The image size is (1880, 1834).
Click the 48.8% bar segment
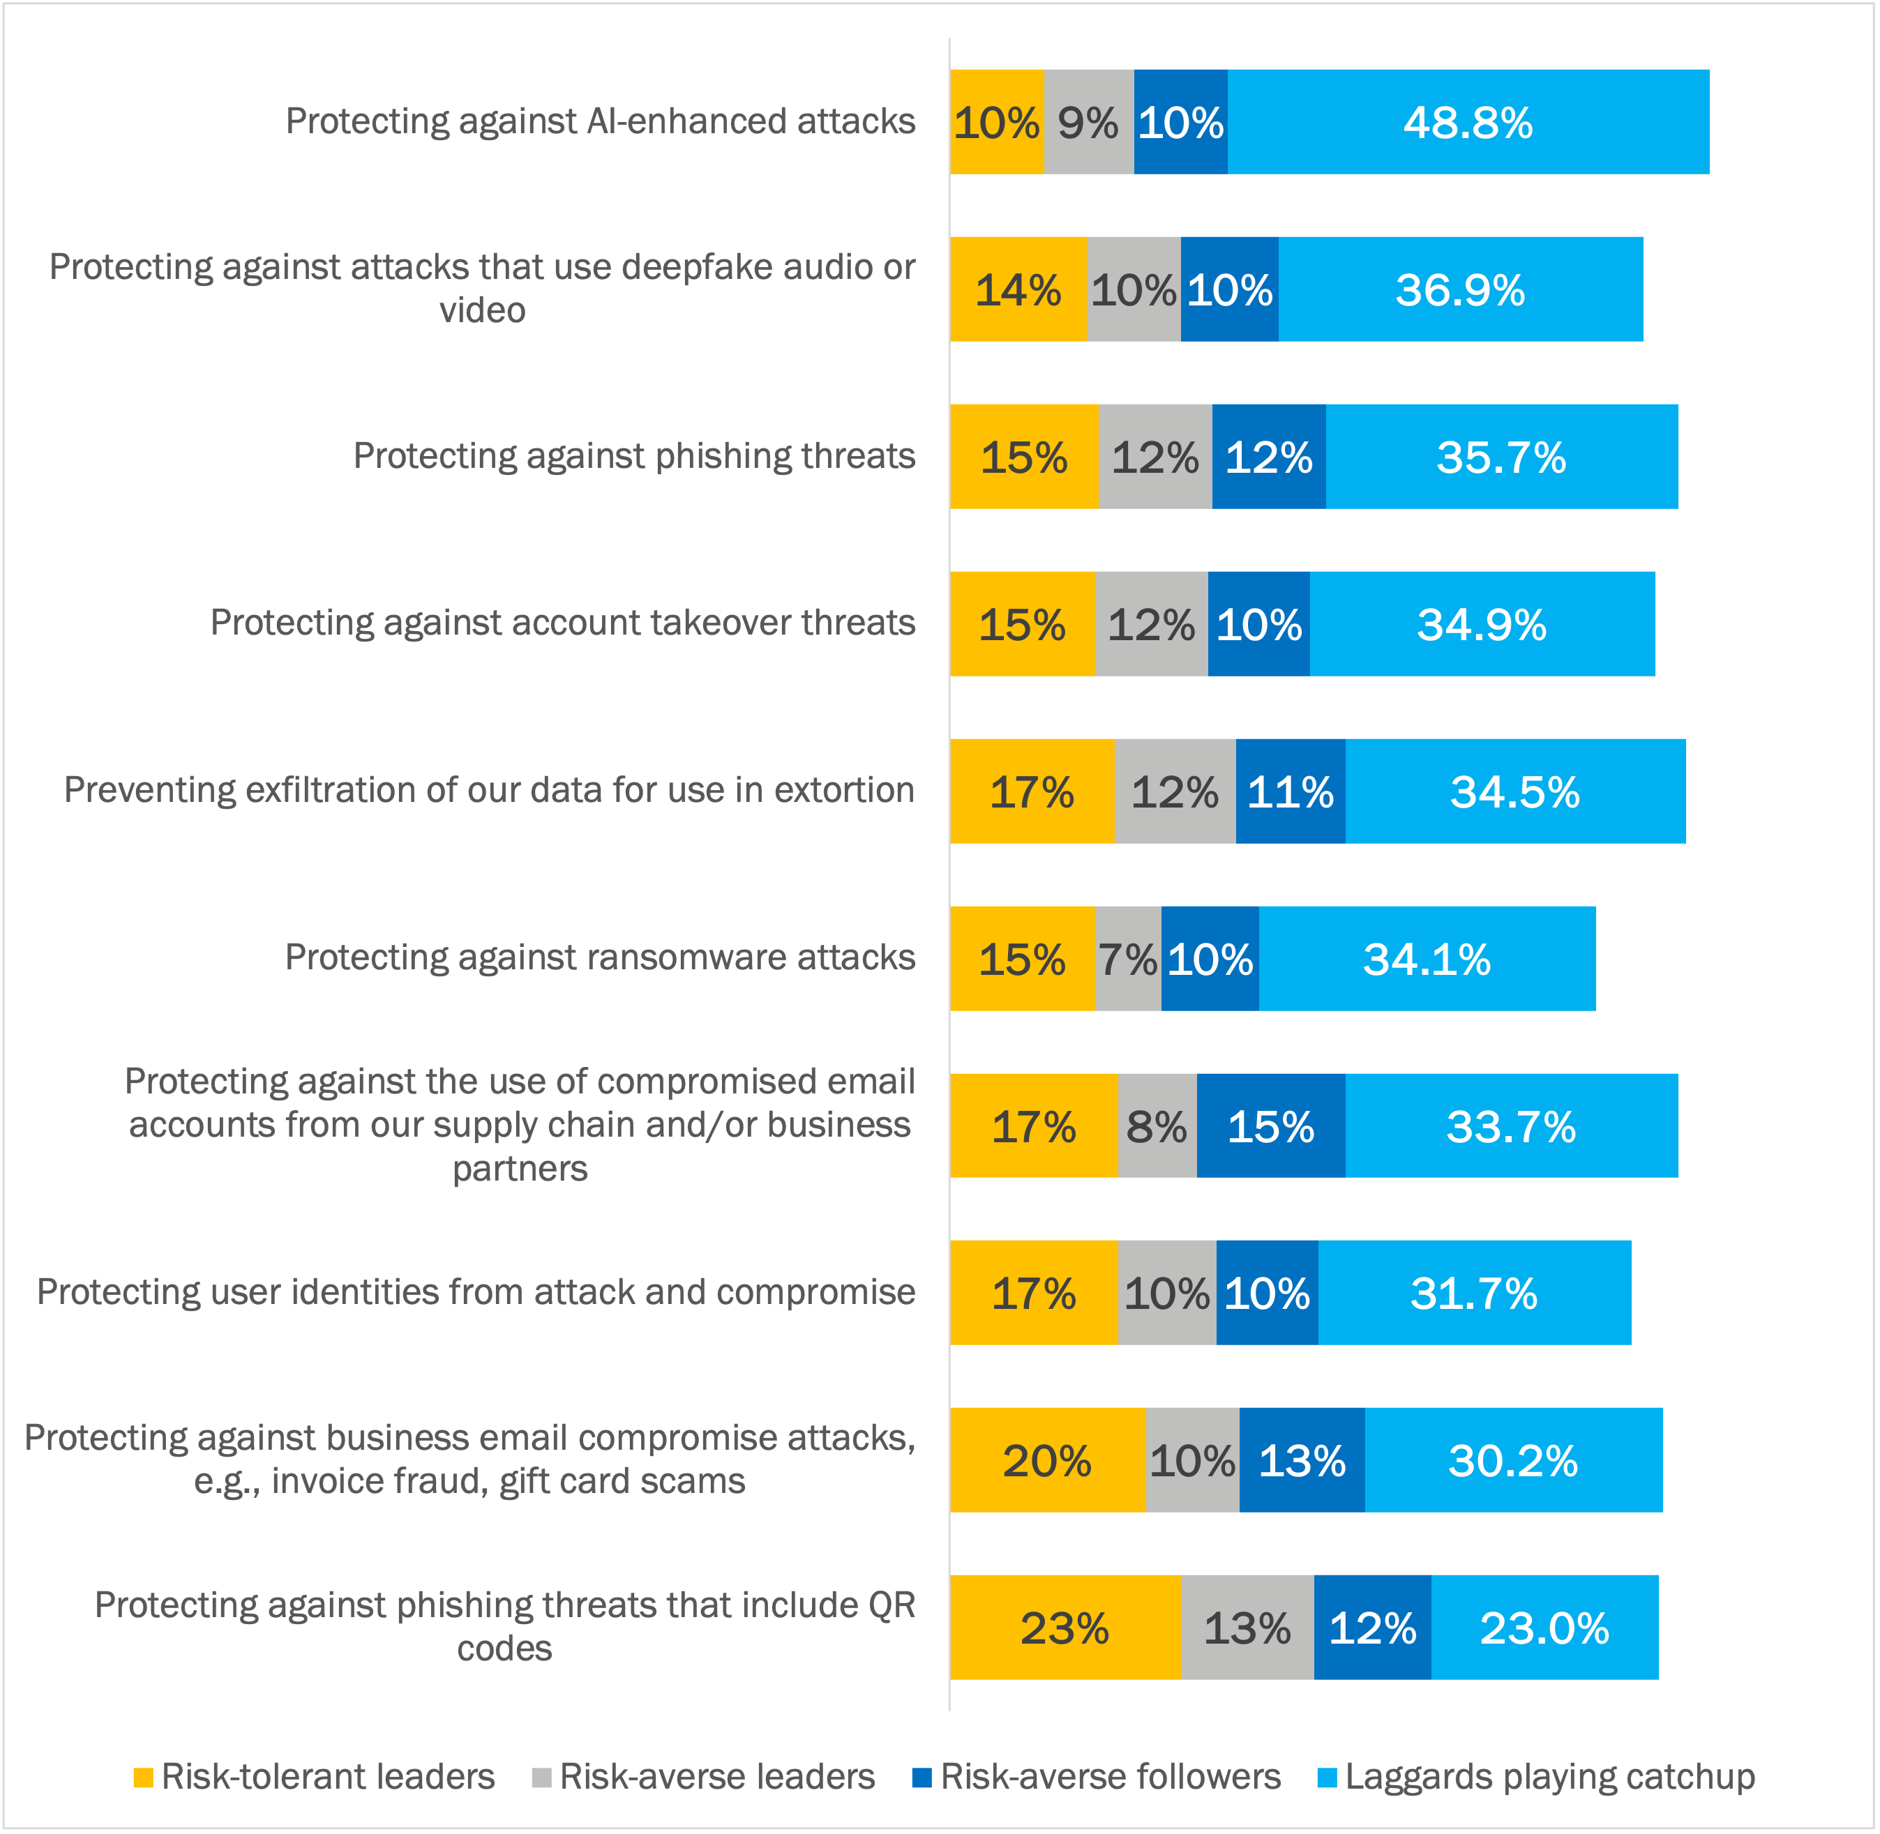click(x=1468, y=122)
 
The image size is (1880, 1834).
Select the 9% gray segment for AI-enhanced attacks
click(x=1088, y=122)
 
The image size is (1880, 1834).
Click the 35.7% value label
click(x=1501, y=457)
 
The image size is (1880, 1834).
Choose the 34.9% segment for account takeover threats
click(x=1481, y=624)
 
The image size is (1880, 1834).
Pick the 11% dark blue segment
click(x=1291, y=791)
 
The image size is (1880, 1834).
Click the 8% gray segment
click(x=1157, y=1126)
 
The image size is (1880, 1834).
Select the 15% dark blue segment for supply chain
click(x=1270, y=1126)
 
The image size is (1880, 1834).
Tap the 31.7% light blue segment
click(x=1473, y=1293)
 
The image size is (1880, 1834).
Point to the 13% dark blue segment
click(x=1301, y=1460)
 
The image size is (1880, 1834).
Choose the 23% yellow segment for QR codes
click(x=1064, y=1628)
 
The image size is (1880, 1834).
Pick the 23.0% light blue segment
click(x=1544, y=1628)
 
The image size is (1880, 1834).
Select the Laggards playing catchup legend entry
click(x=1536, y=1776)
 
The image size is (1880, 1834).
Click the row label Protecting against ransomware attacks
click(x=599, y=957)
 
